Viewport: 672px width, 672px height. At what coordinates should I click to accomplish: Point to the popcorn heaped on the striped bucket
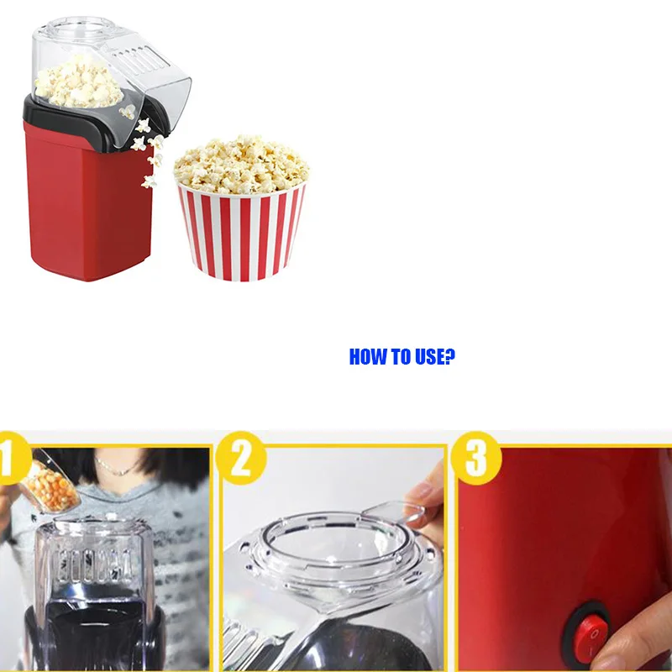click(241, 162)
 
